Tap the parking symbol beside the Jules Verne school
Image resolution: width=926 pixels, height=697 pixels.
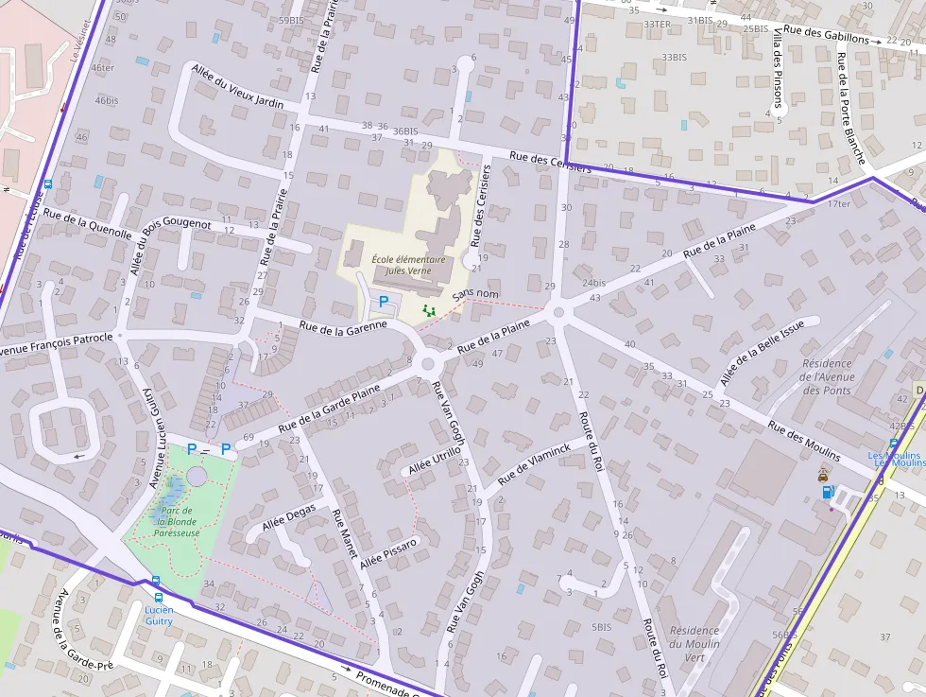(384, 302)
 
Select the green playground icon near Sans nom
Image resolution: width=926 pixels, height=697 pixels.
(429, 309)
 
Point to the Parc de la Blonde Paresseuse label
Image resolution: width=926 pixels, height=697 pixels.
(178, 521)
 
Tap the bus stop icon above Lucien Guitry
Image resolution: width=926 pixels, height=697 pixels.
(157, 597)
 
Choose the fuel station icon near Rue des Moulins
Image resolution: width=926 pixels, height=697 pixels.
(828, 491)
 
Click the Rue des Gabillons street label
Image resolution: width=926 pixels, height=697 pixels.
(826, 35)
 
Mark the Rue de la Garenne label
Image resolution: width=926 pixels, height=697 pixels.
(343, 326)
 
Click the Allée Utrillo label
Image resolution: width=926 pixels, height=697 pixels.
(435, 461)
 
